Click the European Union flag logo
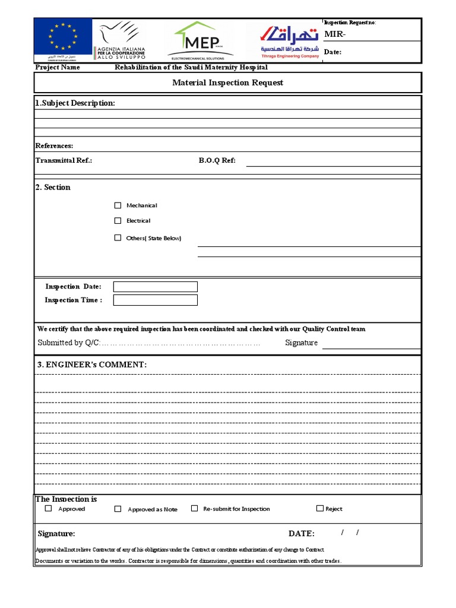[63, 39]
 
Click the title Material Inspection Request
[227, 83]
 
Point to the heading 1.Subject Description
[75, 103]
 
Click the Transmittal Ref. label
[64, 160]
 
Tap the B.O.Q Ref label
[217, 160]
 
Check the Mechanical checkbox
[118, 205]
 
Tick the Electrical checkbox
[118, 221]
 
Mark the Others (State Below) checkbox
[118, 237]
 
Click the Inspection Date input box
[155, 287]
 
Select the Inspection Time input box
[155, 300]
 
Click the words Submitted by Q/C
[69, 343]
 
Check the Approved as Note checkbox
[118, 509]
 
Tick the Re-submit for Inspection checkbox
[194, 508]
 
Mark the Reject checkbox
[320, 508]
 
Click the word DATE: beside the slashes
[302, 534]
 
